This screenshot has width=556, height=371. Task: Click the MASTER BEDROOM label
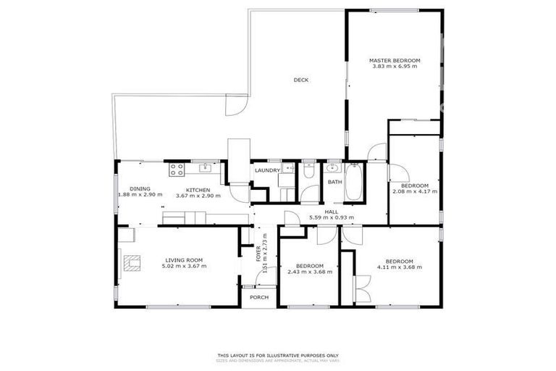tap(395, 61)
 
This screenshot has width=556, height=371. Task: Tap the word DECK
tap(300, 80)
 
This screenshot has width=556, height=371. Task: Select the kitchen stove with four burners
tap(177, 170)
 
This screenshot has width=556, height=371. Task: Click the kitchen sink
tap(206, 168)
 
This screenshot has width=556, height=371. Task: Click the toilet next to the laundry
tap(308, 172)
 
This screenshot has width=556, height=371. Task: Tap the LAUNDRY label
tap(266, 170)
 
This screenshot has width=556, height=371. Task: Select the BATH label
tap(334, 183)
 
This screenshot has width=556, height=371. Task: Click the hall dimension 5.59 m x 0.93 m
tap(332, 217)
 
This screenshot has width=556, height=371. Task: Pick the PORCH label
tap(259, 297)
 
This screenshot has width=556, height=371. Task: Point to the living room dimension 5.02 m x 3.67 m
tap(184, 266)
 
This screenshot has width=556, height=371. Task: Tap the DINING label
tap(140, 189)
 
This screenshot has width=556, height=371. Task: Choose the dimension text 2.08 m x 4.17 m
tap(415, 191)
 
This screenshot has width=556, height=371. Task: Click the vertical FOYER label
tap(258, 254)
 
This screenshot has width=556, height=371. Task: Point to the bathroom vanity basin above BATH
tap(334, 168)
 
